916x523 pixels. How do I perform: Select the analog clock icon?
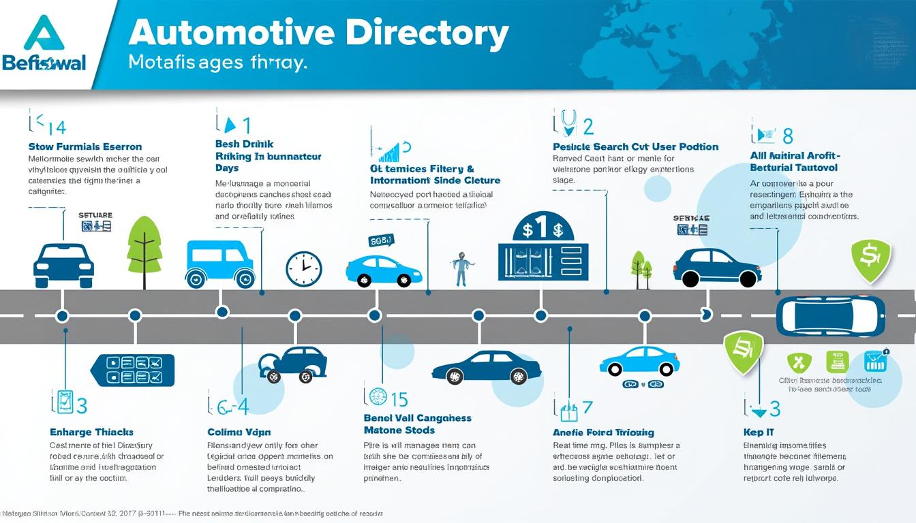(x=303, y=268)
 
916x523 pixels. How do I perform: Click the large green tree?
(x=144, y=245)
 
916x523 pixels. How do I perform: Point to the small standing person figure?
(x=461, y=268)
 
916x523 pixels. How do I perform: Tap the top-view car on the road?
(x=830, y=315)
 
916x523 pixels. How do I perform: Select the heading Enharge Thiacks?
(x=91, y=432)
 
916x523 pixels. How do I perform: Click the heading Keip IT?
(x=759, y=432)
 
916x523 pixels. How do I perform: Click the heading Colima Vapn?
(x=239, y=432)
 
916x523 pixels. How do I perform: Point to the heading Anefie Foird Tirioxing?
(x=603, y=432)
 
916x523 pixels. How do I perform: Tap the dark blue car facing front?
(x=63, y=266)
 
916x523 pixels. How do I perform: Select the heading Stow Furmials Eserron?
(x=85, y=146)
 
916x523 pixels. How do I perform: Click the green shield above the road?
(x=871, y=259)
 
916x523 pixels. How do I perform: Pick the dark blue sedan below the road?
(x=487, y=367)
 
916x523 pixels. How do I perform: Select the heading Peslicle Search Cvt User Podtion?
(x=635, y=146)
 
